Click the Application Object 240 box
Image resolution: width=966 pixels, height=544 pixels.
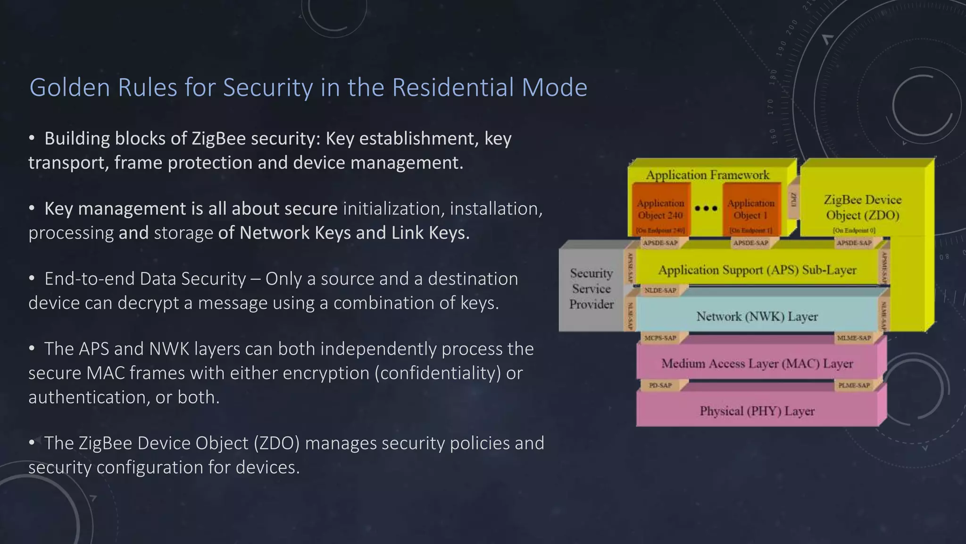click(x=660, y=209)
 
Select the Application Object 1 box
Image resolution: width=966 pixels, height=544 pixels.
click(x=750, y=209)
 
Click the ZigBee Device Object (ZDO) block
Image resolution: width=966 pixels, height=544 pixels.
click(x=862, y=207)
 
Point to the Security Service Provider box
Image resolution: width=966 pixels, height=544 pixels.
click(x=591, y=289)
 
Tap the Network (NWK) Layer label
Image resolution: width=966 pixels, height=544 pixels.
click(x=757, y=316)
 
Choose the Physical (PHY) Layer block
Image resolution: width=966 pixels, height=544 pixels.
click(x=757, y=411)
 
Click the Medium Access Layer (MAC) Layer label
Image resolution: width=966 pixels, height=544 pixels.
click(x=757, y=364)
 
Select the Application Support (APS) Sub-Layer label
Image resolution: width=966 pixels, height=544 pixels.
click(x=757, y=270)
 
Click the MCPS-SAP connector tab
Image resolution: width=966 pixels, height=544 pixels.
click(x=660, y=338)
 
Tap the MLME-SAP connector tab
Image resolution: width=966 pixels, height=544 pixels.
click(x=854, y=338)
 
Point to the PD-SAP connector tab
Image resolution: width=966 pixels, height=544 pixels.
click(x=660, y=385)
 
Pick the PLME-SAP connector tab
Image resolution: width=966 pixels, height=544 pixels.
click(x=854, y=385)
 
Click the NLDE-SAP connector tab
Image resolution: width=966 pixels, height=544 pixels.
click(x=660, y=290)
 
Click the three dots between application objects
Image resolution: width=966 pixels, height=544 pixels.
click(x=706, y=208)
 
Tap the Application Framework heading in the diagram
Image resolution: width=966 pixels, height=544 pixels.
click(x=707, y=175)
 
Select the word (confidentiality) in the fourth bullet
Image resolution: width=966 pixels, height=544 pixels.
click(x=438, y=373)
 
